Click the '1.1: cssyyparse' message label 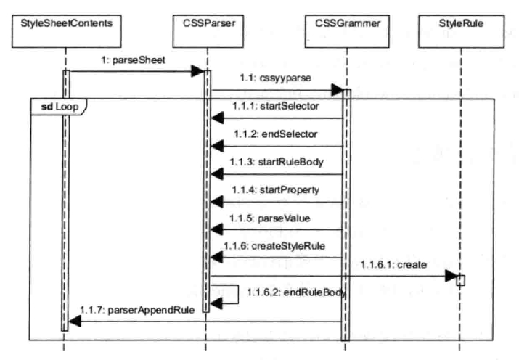pyautogui.click(x=267, y=78)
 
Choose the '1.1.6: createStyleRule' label pyautogui.click(x=278, y=245)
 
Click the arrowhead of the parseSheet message pyautogui.click(x=197, y=71)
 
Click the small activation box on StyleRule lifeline pyautogui.click(x=461, y=279)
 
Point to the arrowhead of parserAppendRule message pyautogui.click(x=74, y=322)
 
